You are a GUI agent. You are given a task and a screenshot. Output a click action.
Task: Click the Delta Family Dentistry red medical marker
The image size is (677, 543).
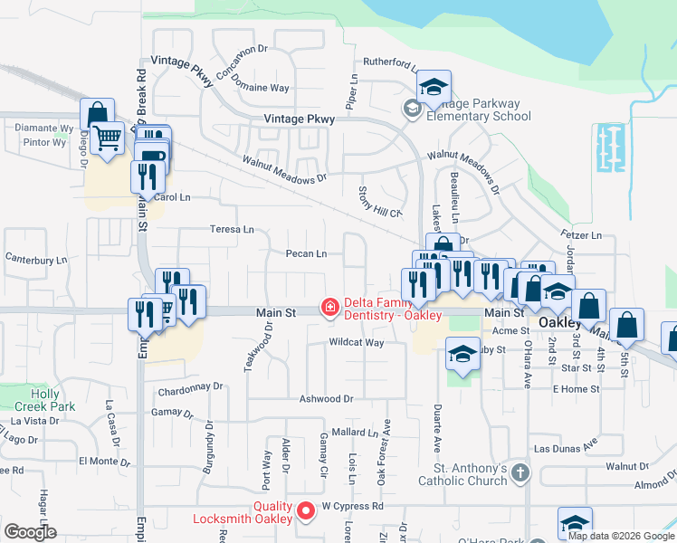(330, 309)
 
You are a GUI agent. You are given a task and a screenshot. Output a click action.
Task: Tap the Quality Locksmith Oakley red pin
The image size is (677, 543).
(306, 511)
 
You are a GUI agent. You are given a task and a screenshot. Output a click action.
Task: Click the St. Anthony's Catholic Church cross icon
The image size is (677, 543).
(520, 472)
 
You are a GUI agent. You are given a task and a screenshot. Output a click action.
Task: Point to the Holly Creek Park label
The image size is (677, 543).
(44, 400)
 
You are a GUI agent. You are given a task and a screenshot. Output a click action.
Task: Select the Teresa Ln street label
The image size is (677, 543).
(232, 230)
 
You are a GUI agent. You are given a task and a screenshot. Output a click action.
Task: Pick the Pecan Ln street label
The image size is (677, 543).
(306, 254)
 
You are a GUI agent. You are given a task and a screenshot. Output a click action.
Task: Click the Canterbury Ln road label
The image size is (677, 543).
(37, 261)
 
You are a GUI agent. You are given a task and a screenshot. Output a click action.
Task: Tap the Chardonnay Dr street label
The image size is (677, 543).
(190, 386)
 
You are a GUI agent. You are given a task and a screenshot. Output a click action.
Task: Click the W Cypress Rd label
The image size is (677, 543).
(353, 506)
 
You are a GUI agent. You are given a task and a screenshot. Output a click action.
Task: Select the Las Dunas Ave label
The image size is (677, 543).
(566, 448)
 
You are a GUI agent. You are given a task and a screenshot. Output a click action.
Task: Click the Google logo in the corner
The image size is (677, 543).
(30, 531)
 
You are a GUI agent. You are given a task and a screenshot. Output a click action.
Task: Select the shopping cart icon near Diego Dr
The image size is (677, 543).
(108, 138)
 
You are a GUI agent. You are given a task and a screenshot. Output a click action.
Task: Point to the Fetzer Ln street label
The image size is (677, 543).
(582, 235)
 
